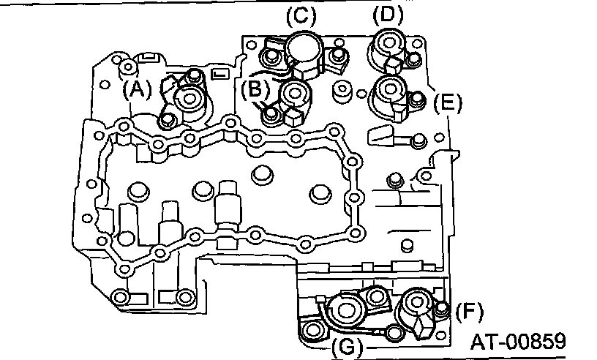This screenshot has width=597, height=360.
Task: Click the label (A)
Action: pos(137,89)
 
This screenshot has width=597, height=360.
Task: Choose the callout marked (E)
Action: pos(447,102)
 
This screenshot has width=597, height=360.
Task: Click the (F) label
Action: pos(469,312)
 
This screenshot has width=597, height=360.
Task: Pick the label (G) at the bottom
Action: pos(348,345)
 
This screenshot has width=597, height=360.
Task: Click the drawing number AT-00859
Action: pos(518,342)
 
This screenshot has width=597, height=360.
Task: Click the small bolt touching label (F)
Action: pos(441,310)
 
